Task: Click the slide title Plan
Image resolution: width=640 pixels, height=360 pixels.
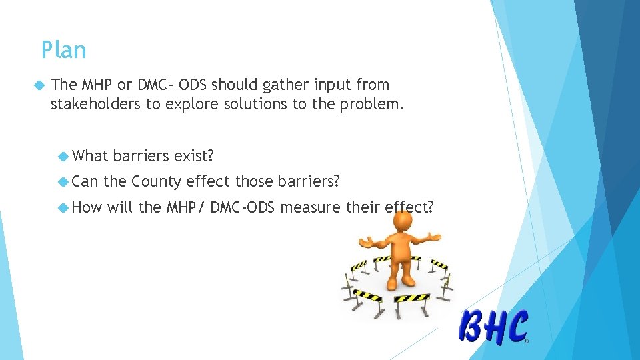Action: pos(63,50)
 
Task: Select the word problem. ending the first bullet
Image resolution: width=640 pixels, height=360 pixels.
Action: pos(371,103)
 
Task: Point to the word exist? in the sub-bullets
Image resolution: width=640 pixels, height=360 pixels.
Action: pos(193,156)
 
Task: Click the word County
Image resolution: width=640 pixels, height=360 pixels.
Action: pos(157,181)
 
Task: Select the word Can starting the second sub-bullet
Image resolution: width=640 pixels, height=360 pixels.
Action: pos(85,181)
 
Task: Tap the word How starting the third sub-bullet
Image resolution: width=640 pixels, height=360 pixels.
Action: pos(87,207)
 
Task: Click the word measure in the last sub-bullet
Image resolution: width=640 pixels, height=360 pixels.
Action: pos(311,207)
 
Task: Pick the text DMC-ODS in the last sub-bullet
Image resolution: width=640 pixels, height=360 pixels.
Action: pos(243,207)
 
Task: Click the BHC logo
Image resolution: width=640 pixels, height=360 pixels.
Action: pos(493,327)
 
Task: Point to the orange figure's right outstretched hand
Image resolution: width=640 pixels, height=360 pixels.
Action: pos(435,236)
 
